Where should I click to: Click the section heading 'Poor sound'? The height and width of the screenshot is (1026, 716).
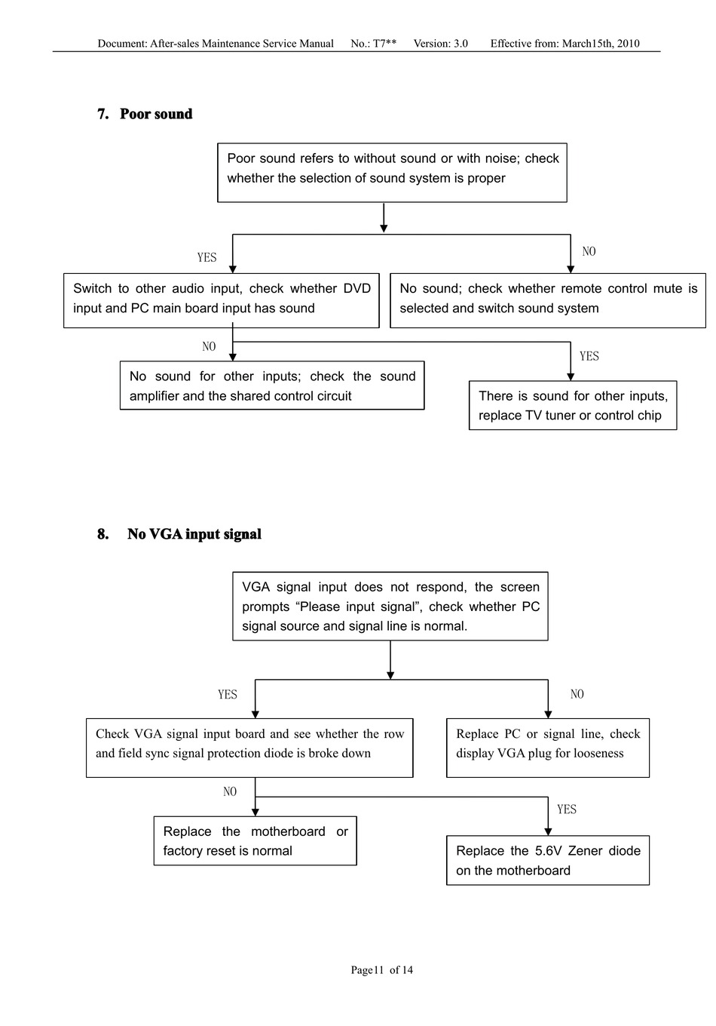coord(155,114)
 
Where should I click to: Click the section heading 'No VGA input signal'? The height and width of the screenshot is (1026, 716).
coord(194,533)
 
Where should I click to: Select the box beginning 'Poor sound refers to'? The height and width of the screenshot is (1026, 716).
coord(392,173)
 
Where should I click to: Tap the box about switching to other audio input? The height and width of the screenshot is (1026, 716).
coord(222,300)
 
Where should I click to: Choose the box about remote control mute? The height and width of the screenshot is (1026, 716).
coord(548,300)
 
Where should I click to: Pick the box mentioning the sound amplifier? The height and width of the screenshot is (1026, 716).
coord(272,386)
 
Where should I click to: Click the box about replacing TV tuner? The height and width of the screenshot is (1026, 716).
coord(573,405)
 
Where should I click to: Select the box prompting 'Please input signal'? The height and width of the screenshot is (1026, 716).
coord(390,606)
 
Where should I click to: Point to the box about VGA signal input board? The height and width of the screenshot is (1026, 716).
coord(249,748)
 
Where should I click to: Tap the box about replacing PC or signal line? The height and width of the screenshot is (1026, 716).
coord(548,748)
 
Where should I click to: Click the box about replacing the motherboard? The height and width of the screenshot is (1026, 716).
coord(255,840)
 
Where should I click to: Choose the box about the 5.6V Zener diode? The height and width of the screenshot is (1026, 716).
coord(548,860)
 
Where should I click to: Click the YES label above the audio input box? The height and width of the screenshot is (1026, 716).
coord(207,257)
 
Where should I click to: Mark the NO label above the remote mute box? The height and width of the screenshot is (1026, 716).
coord(589,251)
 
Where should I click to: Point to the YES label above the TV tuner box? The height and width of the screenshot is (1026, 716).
coord(589,356)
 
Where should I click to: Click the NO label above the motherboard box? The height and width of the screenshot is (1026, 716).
coord(230,791)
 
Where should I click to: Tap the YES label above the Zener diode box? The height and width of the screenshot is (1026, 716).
coord(567,809)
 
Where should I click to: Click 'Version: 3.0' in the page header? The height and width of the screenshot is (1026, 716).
coord(441,44)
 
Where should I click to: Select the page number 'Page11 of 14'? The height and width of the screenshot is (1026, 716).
coord(381,969)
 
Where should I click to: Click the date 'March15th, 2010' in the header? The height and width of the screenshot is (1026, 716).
coord(601,44)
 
